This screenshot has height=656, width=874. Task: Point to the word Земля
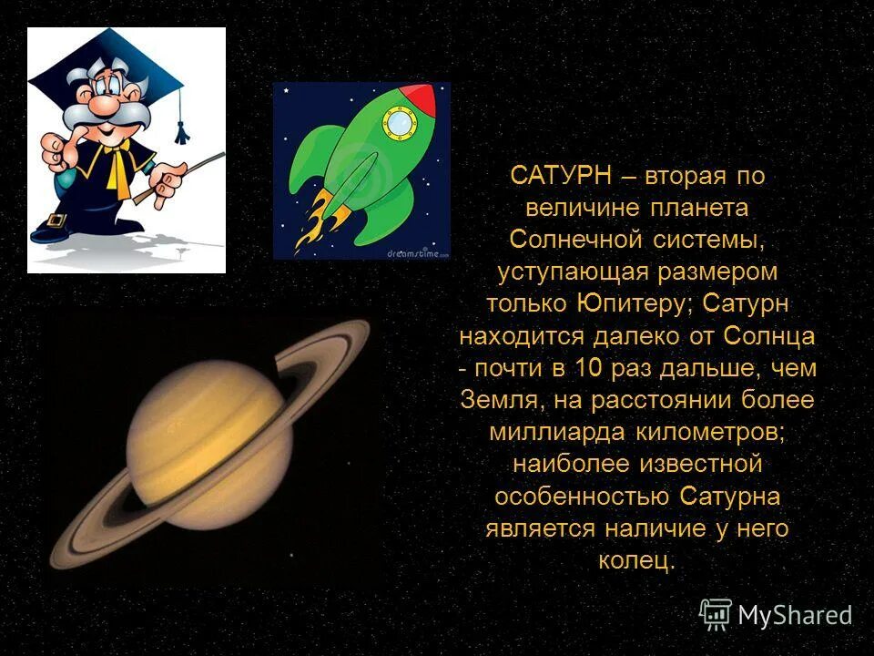[497, 400]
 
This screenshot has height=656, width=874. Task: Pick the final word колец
[637, 560]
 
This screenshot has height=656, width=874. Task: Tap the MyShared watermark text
[794, 615]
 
